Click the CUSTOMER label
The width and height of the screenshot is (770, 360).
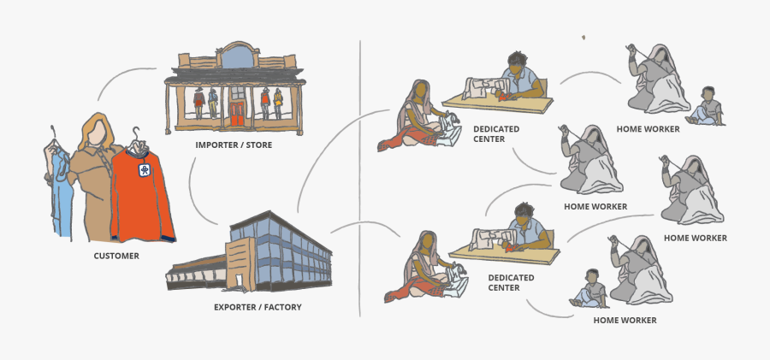coord(116,256)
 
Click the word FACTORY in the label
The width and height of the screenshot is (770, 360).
coord(283,308)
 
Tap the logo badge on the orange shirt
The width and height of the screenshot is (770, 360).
coord(145,170)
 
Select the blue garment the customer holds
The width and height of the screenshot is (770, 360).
coord(60,192)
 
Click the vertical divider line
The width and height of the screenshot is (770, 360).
coord(360,179)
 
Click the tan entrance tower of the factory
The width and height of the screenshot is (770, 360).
coord(240,264)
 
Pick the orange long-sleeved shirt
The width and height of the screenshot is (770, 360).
coord(141,197)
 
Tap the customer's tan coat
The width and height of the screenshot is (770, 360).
coord(94,192)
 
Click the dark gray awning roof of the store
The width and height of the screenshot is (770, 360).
coord(234,75)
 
